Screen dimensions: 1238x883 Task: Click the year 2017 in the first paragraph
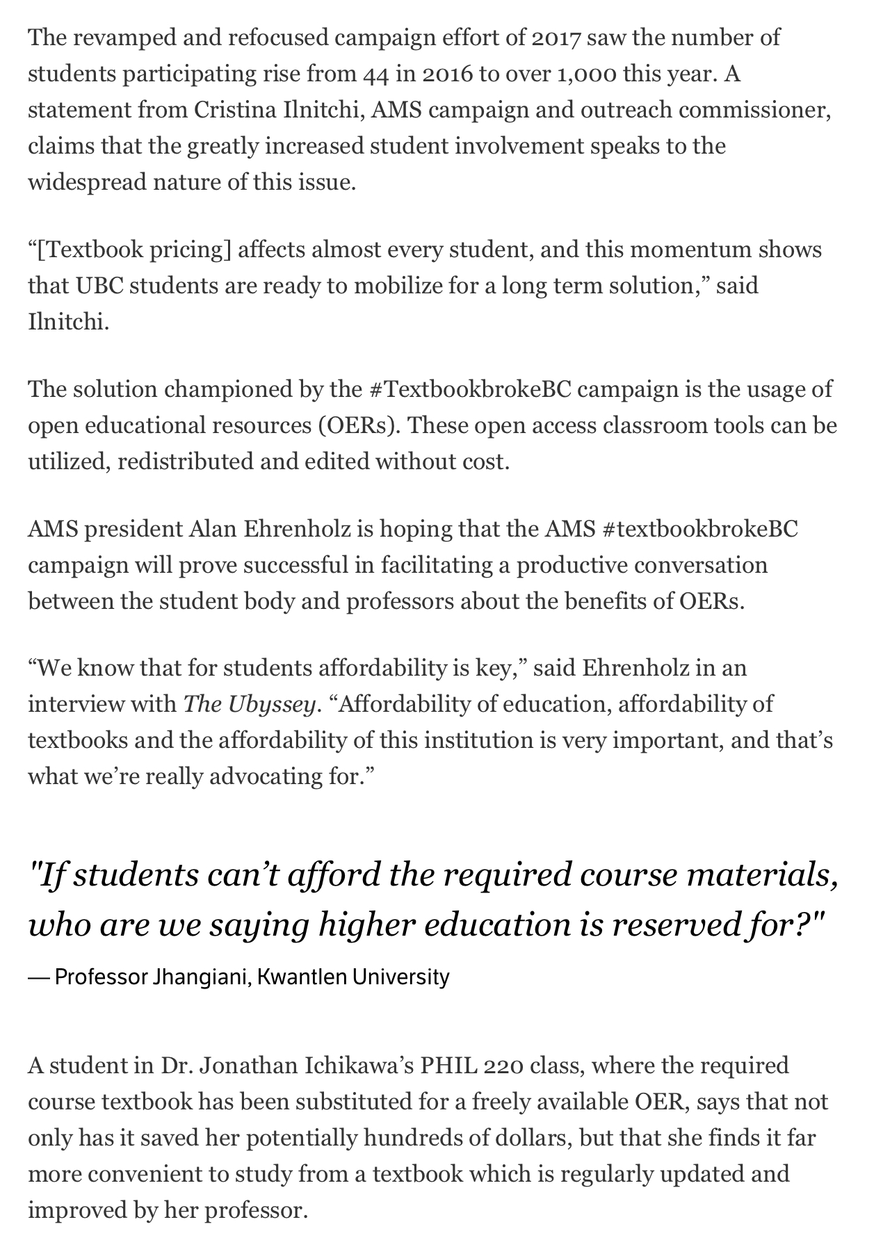(x=556, y=38)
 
